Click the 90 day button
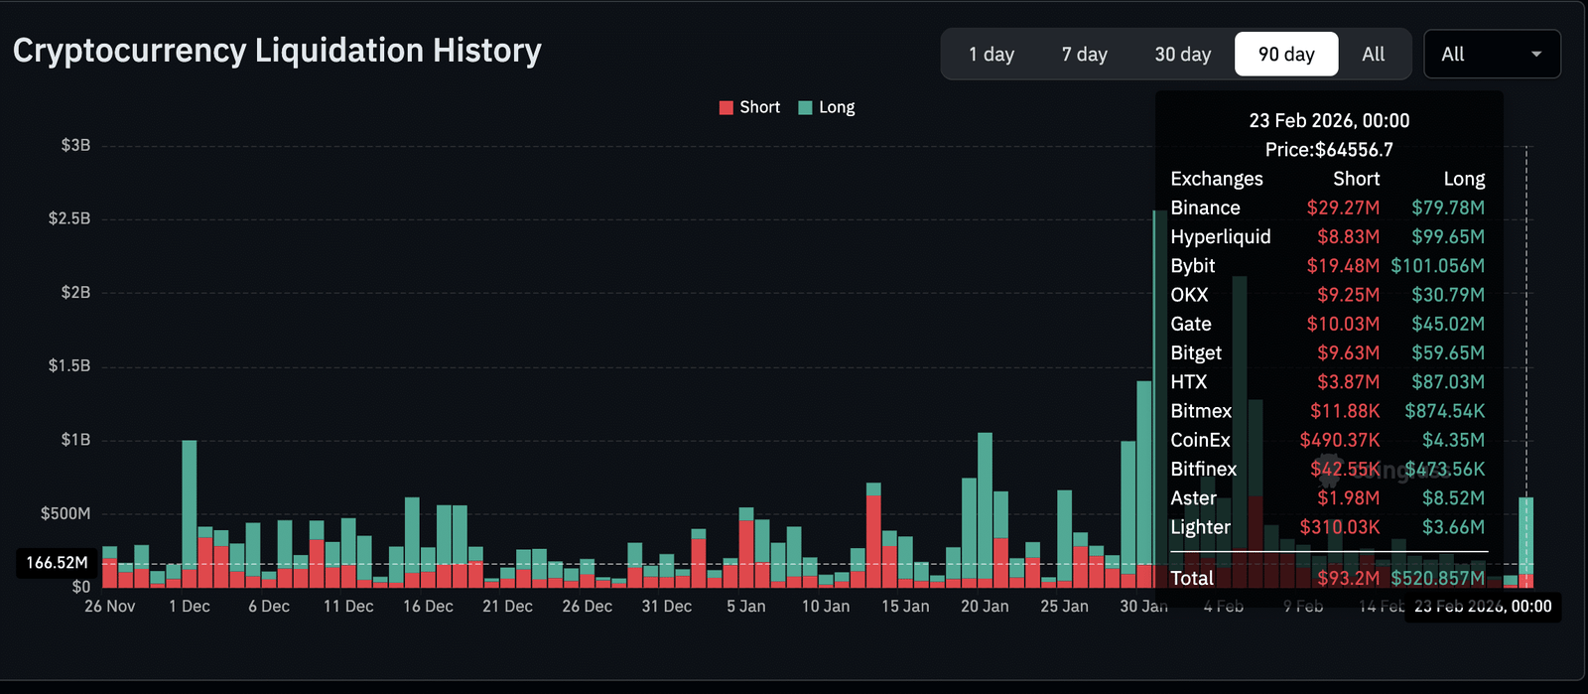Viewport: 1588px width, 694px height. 1285,55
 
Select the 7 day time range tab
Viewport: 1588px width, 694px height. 1084,55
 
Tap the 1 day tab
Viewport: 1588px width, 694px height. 991,55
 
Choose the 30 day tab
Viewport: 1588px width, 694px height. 1182,55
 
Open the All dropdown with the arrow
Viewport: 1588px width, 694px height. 1492,55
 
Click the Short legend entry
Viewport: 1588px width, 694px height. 749,107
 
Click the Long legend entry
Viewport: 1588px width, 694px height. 827,107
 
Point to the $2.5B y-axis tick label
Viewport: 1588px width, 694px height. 69,218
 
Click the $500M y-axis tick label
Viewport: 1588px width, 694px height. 66,513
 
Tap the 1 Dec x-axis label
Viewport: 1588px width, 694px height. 189,607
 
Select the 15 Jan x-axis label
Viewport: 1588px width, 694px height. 905,607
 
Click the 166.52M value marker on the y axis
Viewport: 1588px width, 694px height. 57,563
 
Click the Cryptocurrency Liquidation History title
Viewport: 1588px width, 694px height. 277,51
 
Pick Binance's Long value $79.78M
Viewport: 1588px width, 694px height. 1447,208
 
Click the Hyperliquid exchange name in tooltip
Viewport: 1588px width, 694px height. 1220,236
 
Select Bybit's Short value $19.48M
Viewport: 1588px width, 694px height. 1342,266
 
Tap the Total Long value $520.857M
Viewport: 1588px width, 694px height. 1437,578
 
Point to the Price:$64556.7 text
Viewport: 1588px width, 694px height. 1329,150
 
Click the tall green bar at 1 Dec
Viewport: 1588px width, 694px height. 189,496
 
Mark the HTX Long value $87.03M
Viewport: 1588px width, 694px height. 1447,382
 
